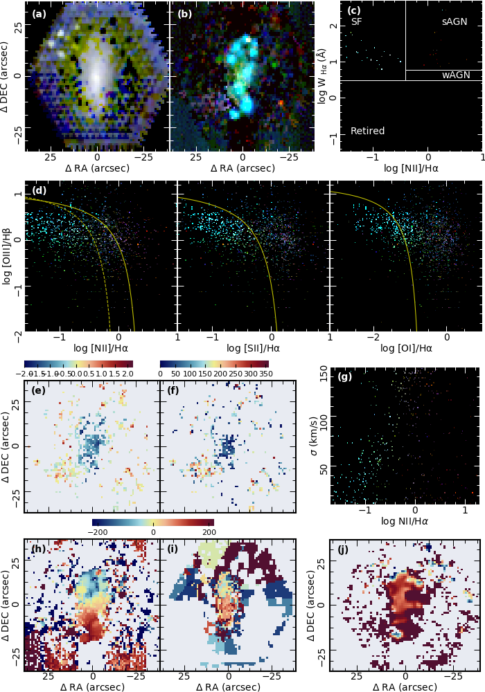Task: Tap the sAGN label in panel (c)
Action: (455, 22)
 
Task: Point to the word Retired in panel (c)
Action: (367, 131)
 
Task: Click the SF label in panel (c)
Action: (356, 22)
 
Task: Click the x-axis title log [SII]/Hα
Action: (254, 348)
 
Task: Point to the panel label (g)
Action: (345, 377)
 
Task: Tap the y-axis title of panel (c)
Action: (323, 75)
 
